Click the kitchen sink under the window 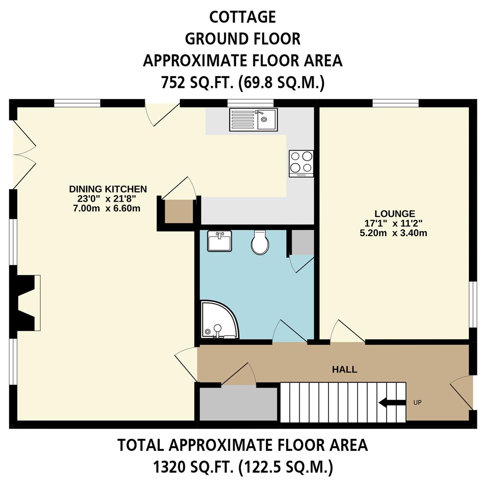tap(253, 120)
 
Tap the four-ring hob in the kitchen tap(301, 163)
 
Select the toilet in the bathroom tap(260, 243)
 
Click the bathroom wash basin tap(219, 241)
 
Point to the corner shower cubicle tap(218, 320)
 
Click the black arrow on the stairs tap(392, 402)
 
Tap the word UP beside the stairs tap(417, 402)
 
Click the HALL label tap(345, 370)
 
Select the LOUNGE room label tap(395, 214)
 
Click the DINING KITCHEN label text tap(108, 189)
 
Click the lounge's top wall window tap(395, 104)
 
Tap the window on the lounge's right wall tap(472, 304)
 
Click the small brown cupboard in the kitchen tap(179, 211)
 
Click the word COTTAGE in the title tap(242, 17)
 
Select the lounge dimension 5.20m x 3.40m tap(393, 233)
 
